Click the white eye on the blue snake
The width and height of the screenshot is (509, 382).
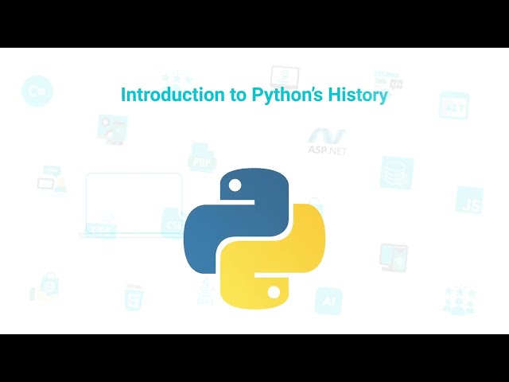click(235, 187)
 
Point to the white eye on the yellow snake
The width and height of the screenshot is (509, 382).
click(274, 292)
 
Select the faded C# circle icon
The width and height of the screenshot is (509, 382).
click(36, 92)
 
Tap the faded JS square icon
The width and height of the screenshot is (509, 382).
click(469, 201)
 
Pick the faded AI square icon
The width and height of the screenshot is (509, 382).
click(328, 301)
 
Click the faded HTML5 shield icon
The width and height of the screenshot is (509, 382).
click(133, 297)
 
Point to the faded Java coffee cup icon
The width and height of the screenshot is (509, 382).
click(205, 293)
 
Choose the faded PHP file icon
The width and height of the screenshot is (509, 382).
click(202, 158)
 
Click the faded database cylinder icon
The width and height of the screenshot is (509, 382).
click(396, 172)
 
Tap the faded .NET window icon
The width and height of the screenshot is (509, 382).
click(454, 105)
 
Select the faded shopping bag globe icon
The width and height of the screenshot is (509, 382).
click(43, 286)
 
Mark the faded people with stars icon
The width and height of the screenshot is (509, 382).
click(460, 301)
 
